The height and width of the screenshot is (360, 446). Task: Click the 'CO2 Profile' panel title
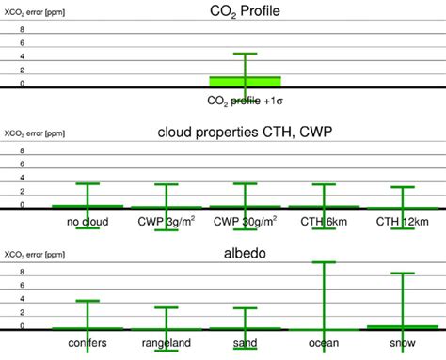(245, 11)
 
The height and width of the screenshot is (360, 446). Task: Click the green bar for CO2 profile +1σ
(245, 81)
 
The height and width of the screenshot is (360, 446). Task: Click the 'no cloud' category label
(88, 222)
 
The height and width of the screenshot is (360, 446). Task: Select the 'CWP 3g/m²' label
(166, 222)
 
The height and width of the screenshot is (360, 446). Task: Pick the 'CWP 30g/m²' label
(245, 222)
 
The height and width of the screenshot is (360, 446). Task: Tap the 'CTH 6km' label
(324, 222)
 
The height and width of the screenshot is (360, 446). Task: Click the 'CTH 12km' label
(402, 222)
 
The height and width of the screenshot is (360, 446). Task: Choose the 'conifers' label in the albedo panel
(88, 344)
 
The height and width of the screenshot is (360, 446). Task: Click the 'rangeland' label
(166, 344)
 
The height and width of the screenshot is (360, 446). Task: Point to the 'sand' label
(245, 344)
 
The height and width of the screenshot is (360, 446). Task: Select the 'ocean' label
(324, 344)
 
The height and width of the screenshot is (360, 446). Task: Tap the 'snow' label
(402, 344)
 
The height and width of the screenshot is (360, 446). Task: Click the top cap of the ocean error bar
(324, 262)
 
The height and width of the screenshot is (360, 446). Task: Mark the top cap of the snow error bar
(402, 273)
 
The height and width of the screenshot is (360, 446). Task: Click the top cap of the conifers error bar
(88, 301)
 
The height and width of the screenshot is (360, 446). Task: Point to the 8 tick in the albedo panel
(23, 274)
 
